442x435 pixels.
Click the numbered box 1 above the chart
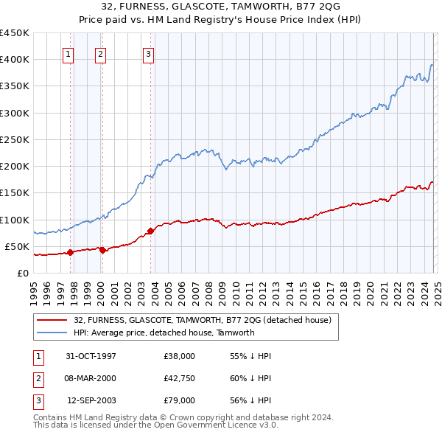(x=68, y=53)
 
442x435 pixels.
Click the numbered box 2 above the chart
(x=99, y=53)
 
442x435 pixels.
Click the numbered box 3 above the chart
(x=148, y=53)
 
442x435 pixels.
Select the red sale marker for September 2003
(x=150, y=231)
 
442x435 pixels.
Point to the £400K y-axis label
(x=15, y=59)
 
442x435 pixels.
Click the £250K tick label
(x=15, y=139)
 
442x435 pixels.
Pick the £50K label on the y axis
(x=18, y=246)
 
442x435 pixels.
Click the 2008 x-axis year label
(x=208, y=292)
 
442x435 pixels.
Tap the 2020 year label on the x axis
(x=370, y=292)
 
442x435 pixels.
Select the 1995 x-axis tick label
(x=34, y=292)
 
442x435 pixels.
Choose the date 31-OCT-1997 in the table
(x=91, y=356)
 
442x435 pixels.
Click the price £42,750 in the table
(x=180, y=378)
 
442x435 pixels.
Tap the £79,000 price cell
(x=180, y=400)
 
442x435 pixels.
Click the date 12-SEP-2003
(x=91, y=400)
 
